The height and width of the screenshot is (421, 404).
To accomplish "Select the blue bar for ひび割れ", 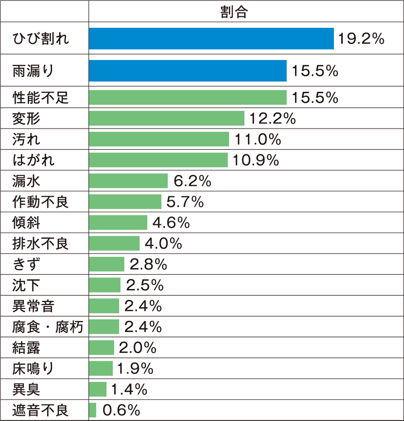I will point(211,38).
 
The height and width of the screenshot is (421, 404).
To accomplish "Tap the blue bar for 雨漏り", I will point(187,71).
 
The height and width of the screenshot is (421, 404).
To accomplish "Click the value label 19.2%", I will point(361,39).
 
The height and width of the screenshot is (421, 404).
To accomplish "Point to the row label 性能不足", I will point(40,98).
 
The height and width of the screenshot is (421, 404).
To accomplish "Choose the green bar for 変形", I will point(166,118).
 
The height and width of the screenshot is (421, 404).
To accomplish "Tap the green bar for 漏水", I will point(128,181).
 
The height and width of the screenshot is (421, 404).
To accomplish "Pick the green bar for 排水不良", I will point(114,244).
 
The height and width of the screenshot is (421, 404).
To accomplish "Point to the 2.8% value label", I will point(148,265).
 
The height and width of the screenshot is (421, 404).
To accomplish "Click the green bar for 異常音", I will point(104,306).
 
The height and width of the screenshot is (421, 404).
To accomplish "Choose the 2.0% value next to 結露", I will point(138,348).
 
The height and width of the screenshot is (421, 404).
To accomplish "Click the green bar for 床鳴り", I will point(101,368).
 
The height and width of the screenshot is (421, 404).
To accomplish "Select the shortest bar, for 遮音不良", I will point(93,410).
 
